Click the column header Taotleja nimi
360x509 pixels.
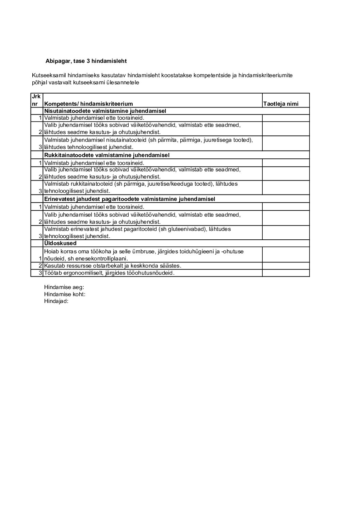pyautogui.click(x=281, y=104)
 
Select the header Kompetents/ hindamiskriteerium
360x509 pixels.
pyautogui.click(x=88, y=104)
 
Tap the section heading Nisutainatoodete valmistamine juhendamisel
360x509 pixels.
pyautogui.click(x=105, y=111)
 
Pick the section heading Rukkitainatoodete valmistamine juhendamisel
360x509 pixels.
pyautogui.click(x=107, y=155)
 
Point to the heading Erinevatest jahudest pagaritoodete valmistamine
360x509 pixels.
pyautogui.click(x=129, y=199)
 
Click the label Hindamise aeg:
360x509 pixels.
pyautogui.click(x=64, y=287)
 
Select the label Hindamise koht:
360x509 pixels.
pyautogui.click(x=65, y=294)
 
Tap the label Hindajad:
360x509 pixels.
pyautogui.click(x=56, y=301)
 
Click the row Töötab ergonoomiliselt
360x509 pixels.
pyautogui.click(x=109, y=273)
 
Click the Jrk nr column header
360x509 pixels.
pyautogui.click(x=37, y=100)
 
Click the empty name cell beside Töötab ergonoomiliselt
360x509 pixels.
pyautogui.click(x=286, y=273)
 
